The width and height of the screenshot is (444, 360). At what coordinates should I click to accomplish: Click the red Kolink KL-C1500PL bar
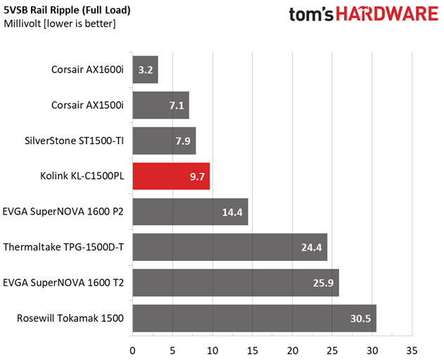pos(171,176)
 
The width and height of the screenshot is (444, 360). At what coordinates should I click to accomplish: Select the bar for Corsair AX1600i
pos(145,70)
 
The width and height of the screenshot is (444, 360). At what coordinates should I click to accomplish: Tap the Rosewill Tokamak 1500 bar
pos(255,318)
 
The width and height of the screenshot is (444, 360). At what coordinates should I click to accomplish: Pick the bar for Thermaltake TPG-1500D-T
pos(230,247)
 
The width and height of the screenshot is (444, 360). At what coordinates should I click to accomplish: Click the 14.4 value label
pos(232,212)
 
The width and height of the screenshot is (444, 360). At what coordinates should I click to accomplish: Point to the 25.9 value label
pos(323,283)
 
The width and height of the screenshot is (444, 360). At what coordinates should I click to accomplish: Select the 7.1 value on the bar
pos(177,105)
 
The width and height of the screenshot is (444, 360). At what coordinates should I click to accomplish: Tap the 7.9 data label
pos(183,141)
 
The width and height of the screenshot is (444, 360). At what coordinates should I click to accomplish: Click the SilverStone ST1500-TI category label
pos(74,141)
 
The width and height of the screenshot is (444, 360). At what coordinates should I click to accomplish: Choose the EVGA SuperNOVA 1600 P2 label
pos(63,212)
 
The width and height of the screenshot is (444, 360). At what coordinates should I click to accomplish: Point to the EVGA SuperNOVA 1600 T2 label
pos(63,283)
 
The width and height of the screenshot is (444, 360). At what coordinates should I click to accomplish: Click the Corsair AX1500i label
pos(87,105)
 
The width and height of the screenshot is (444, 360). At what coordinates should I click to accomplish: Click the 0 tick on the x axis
pos(132,351)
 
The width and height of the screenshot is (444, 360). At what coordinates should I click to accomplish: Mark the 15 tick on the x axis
pos(253,351)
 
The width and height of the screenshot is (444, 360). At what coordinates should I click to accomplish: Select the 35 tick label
pos(412,351)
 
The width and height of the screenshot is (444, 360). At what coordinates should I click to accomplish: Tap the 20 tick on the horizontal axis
pos(293,351)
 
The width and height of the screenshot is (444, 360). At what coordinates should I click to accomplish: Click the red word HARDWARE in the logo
pos(387,14)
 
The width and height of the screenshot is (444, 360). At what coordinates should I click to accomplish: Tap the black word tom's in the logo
pos(311,14)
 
